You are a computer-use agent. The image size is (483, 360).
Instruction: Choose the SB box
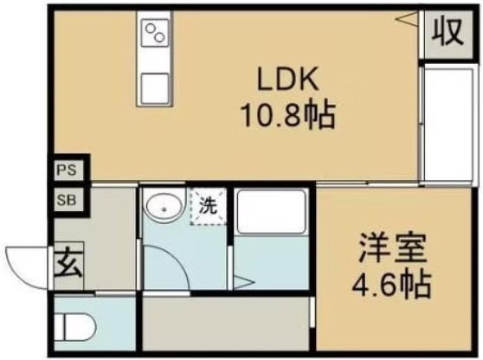(x=66, y=201)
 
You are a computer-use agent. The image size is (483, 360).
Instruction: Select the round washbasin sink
(x=162, y=207)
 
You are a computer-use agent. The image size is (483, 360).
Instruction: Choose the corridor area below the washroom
(x=225, y=320)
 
